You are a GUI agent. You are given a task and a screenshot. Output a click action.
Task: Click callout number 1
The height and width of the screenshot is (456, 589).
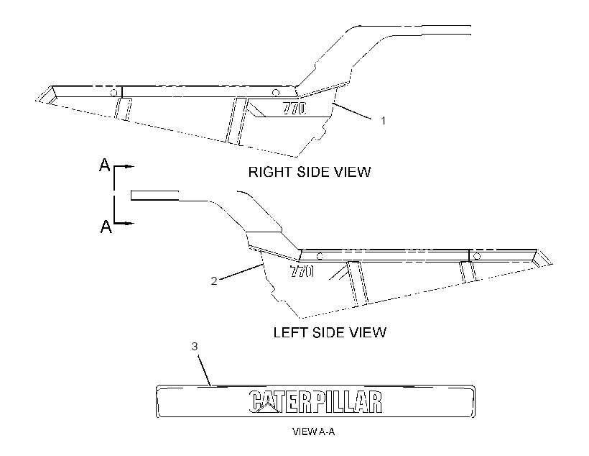383,121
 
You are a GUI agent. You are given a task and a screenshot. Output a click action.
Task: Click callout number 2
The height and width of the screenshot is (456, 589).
214,281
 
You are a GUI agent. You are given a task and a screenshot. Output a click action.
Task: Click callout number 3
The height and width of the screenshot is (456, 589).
194,346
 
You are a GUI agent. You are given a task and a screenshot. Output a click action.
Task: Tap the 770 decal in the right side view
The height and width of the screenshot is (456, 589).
294,109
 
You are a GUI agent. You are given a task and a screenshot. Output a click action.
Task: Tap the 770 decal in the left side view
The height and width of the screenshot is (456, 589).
302,271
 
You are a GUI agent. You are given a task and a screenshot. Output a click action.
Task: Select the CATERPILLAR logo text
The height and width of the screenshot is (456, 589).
315,402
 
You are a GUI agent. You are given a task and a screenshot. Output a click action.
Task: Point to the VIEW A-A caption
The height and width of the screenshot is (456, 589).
313,432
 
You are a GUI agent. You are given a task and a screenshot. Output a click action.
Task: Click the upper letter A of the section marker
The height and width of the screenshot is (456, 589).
104,165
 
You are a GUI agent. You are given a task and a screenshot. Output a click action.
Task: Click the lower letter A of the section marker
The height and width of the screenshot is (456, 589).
106,227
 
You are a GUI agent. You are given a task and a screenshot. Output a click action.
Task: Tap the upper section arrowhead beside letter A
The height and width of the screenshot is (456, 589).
129,166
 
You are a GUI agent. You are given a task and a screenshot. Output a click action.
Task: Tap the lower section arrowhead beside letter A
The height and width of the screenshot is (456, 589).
129,224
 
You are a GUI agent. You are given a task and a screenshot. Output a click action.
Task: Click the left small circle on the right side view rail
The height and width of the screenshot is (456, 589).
113,93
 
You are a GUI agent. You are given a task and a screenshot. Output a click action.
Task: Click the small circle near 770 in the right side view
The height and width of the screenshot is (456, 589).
275,92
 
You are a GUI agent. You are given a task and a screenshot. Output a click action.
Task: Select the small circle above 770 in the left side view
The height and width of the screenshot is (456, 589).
320,256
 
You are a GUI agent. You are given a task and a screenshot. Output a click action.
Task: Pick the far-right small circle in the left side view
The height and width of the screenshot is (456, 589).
477,256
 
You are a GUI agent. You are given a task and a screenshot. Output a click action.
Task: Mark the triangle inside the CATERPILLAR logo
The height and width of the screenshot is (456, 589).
267,406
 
